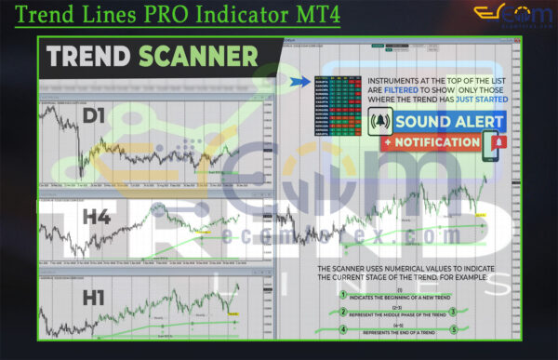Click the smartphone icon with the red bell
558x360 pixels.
pos(497,143)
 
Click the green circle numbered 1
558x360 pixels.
pos(342,296)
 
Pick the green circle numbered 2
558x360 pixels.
pos(342,313)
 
